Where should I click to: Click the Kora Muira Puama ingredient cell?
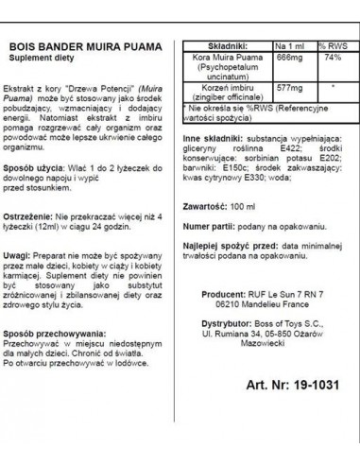[222, 66]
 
